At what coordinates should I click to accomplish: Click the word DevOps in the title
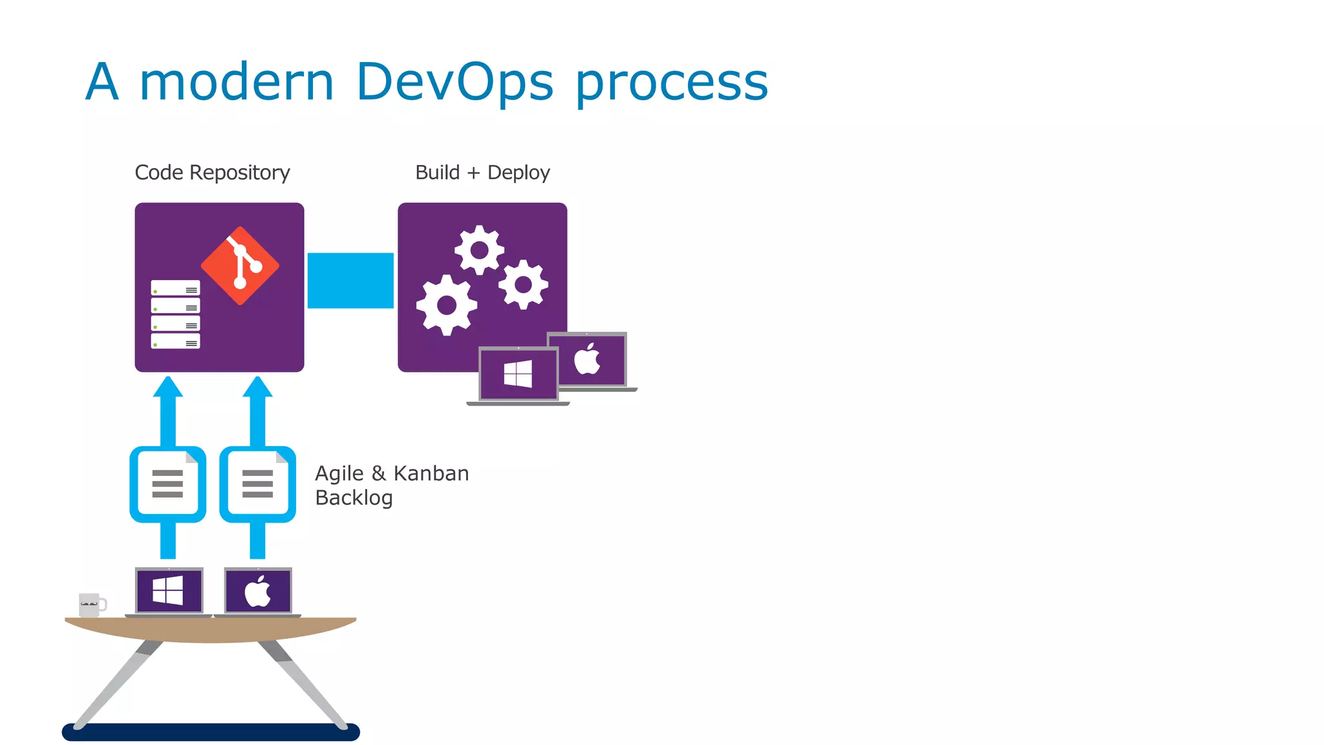coord(454,82)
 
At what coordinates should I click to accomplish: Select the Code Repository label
coord(212,173)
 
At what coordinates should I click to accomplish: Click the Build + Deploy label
coord(482,173)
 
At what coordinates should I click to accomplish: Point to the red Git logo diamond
coord(240,266)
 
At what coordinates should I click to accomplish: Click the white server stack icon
coord(175,314)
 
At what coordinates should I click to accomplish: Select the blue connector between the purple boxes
coord(350,281)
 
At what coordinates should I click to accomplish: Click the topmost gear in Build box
coord(479,250)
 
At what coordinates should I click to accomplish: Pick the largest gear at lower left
coord(446,305)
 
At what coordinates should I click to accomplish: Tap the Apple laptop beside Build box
coord(588,360)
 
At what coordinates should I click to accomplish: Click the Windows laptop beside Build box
coord(518,375)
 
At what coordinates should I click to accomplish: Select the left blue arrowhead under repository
coord(168,387)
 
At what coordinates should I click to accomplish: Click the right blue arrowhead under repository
coord(257,387)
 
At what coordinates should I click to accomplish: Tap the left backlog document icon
coord(168,484)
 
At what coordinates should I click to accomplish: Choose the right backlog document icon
coord(257,484)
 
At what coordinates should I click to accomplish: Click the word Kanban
coord(431,473)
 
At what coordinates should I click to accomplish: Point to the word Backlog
coord(354,498)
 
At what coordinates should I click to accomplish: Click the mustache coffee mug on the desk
coord(91,604)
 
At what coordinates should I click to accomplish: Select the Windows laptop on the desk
coord(169,591)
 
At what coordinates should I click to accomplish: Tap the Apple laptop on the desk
coord(257,591)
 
